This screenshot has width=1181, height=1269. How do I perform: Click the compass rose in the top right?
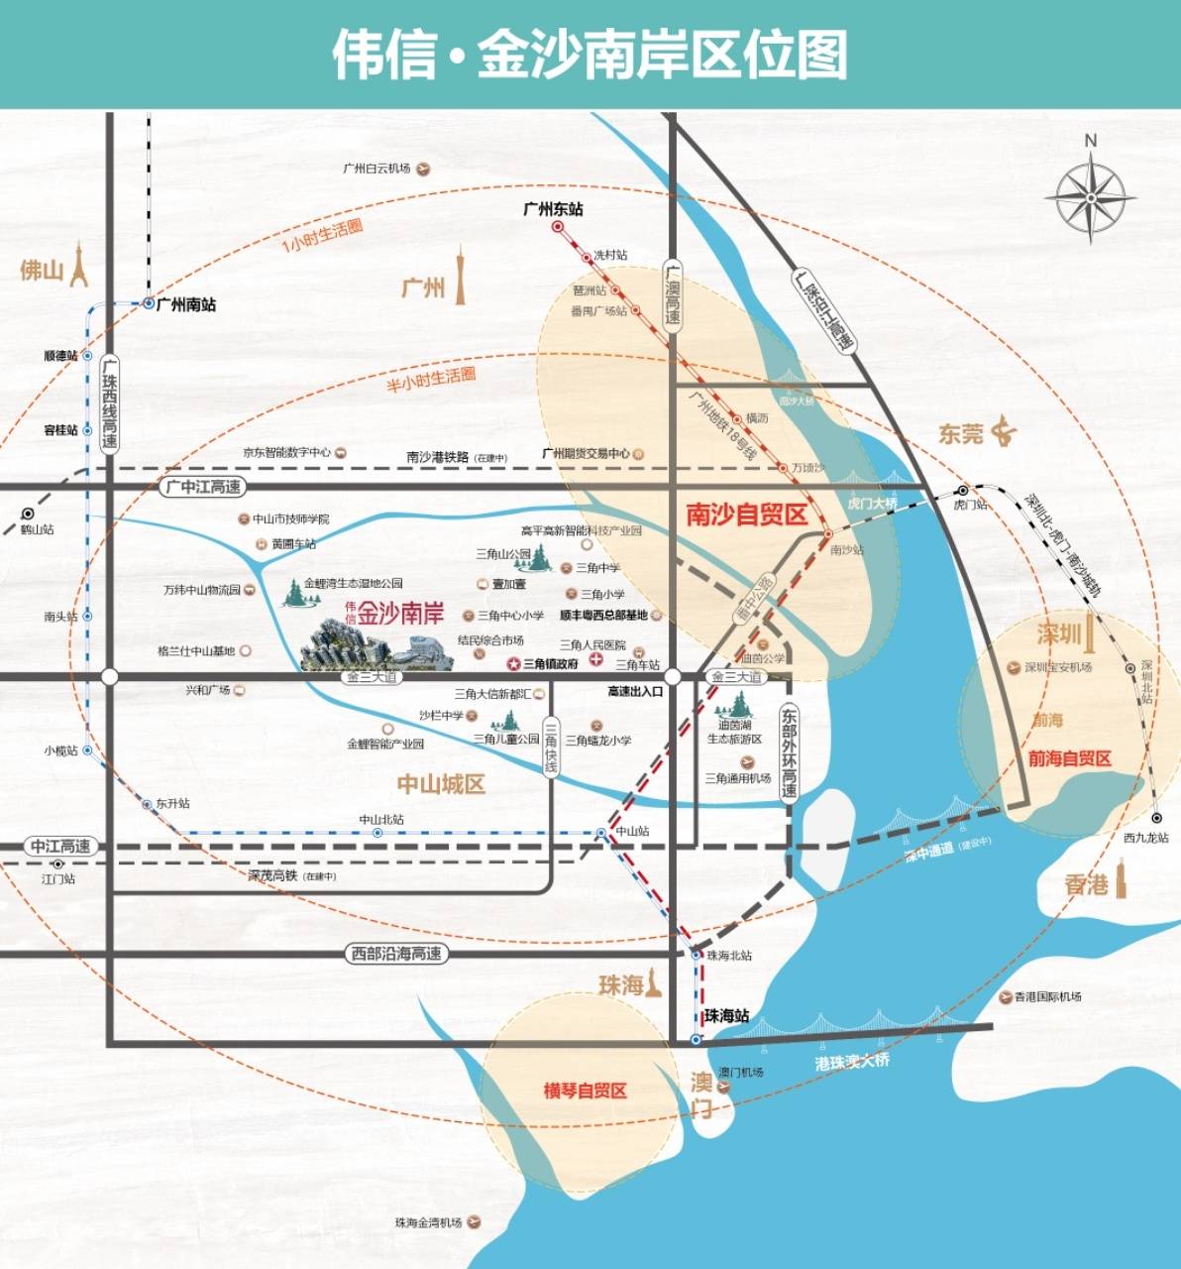coord(1090,197)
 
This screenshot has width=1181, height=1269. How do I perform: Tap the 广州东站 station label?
coord(553,209)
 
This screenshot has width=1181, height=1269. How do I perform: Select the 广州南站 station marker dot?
coord(149,303)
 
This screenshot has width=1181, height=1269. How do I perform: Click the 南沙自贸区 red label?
coord(746,514)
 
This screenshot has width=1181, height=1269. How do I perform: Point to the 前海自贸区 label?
coord(1069,758)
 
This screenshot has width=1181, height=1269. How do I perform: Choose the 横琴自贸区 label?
coord(586,1091)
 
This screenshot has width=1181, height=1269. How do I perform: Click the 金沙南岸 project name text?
coord(400,614)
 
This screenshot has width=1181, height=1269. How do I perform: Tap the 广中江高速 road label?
coord(202,487)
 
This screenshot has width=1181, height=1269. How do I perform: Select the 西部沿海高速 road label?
coord(396,954)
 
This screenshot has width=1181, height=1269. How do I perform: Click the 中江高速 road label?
coord(60,847)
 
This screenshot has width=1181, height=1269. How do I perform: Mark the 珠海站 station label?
coord(726,1016)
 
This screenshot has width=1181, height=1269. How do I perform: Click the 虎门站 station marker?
coord(962,491)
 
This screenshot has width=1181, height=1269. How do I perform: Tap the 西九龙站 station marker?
coord(1156,818)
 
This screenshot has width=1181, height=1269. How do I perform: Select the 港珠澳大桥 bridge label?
coord(852,1061)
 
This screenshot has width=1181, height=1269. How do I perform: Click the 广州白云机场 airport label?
coord(376,169)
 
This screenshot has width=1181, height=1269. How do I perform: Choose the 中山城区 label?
coord(441,784)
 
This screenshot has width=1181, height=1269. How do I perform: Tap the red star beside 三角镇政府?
coord(514,663)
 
